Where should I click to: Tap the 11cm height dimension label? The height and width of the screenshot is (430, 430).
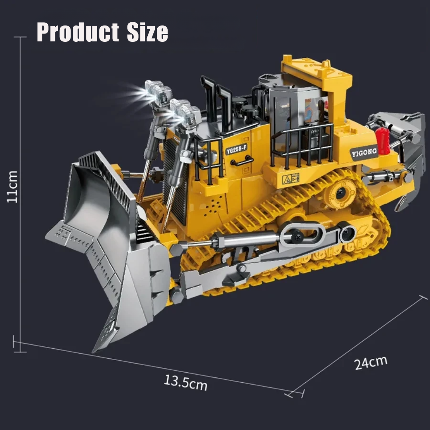13,186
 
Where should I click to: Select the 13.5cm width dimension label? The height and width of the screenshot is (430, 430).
186,382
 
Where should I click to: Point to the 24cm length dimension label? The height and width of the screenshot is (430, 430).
371,363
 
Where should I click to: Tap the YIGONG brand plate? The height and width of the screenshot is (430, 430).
364,152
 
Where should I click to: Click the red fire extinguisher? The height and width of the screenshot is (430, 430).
383,141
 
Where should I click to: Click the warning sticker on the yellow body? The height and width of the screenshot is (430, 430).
290,178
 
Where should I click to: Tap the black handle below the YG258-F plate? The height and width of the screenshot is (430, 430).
242,161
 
